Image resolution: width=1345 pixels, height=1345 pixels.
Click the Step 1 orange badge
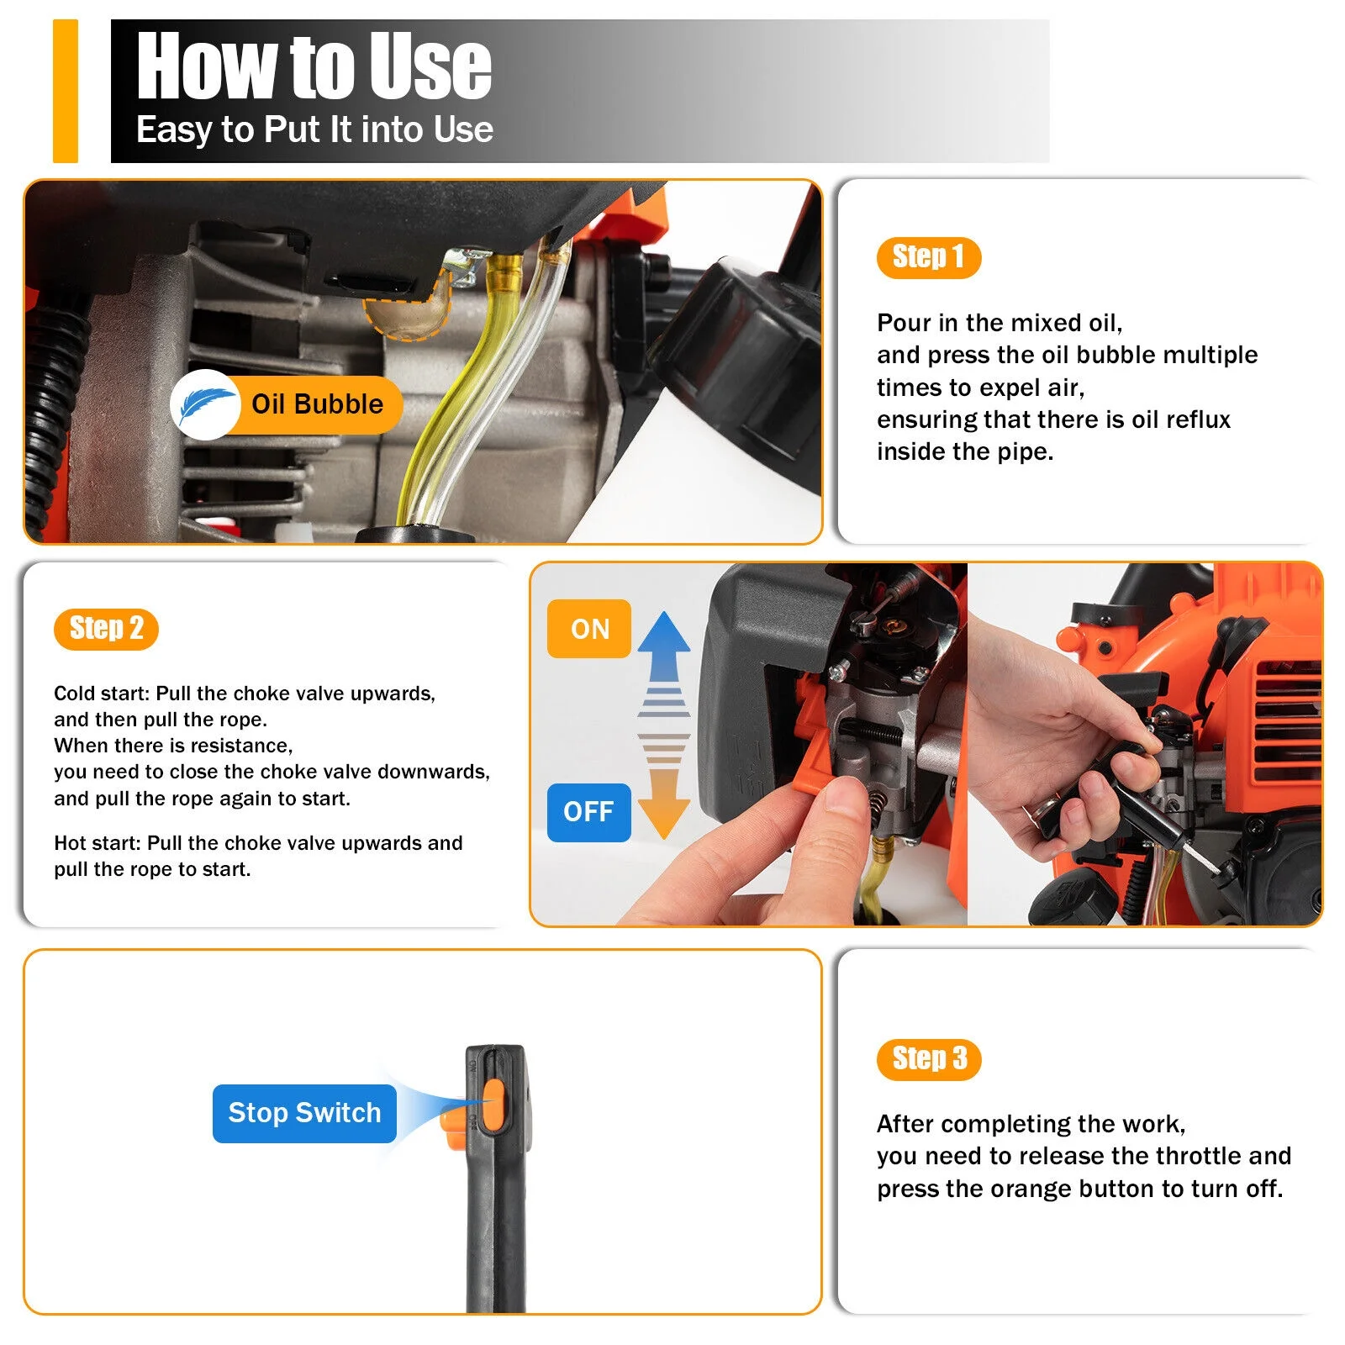tap(928, 257)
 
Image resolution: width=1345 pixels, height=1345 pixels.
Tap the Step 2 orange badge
tap(106, 628)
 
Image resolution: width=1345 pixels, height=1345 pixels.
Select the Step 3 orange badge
tap(929, 1059)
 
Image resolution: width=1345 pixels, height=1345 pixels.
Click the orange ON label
tap(588, 629)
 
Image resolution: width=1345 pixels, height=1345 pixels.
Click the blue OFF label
tap(588, 812)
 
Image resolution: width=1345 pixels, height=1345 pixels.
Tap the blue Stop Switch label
tap(304, 1113)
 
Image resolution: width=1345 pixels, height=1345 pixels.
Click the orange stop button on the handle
tap(493, 1106)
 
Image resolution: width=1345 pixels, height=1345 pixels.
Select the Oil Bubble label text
tap(317, 404)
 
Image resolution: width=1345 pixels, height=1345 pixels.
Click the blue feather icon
tap(204, 405)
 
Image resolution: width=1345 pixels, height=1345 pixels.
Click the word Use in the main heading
tap(430, 66)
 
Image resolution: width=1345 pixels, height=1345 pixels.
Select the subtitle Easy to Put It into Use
tap(314, 130)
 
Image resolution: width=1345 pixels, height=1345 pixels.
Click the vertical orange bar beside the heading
tap(65, 91)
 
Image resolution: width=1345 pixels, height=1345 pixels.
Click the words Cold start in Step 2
tap(101, 694)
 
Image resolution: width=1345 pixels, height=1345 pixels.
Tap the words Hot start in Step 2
tap(96, 843)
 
